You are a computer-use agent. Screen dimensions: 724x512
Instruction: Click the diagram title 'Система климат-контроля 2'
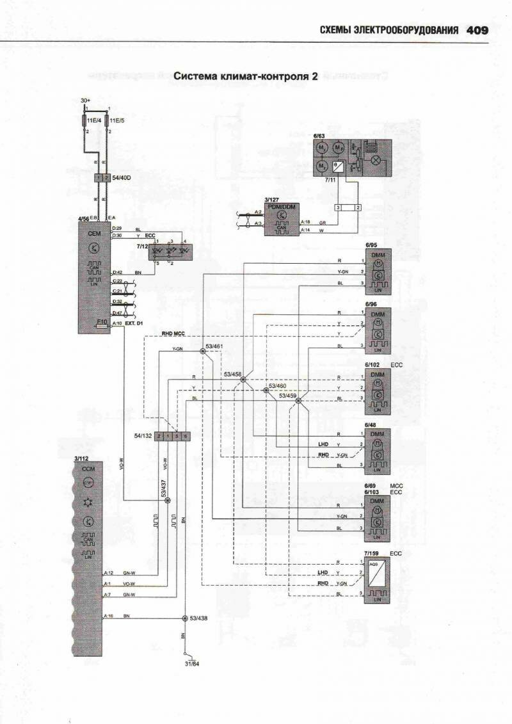click(246, 76)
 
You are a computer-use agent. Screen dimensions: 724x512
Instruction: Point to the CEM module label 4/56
click(84, 219)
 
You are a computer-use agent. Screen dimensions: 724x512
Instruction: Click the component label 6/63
click(319, 136)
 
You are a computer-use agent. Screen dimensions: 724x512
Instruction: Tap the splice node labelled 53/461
click(203, 351)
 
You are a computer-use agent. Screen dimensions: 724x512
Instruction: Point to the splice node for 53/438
click(186, 618)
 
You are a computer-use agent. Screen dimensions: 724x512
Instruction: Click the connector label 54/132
click(143, 436)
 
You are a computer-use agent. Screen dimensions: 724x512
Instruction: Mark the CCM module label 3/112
click(81, 458)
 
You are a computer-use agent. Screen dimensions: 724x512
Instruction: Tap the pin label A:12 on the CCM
click(108, 573)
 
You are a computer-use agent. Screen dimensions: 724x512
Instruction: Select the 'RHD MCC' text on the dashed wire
click(173, 334)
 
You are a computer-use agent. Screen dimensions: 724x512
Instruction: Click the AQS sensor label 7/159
click(372, 552)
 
